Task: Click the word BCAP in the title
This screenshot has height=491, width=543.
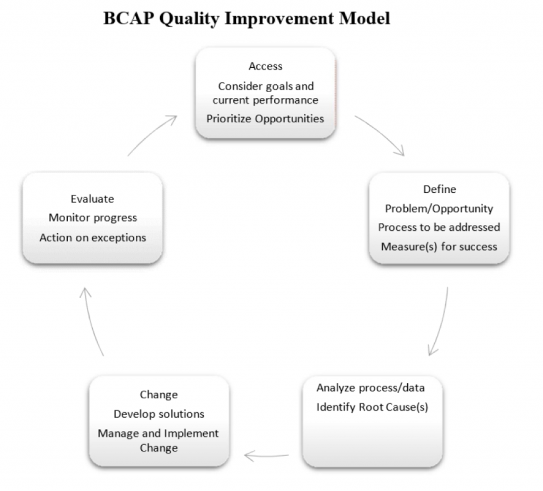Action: pos(128,19)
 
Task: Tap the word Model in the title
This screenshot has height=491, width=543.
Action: pos(365,19)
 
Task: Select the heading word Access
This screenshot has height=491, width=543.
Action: pos(266,66)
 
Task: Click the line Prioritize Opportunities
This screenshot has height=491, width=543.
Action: pos(265,119)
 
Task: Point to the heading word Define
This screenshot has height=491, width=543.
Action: pos(440,189)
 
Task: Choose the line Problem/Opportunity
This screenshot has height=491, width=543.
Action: pos(439,209)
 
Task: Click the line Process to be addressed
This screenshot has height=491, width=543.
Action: pos(439,227)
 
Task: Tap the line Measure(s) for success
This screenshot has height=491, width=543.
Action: pos(439,247)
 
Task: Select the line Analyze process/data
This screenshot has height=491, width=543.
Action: pos(371,388)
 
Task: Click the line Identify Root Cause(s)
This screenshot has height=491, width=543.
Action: pos(372,407)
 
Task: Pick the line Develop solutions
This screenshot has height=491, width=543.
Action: pos(159,414)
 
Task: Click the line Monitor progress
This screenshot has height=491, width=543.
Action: pos(93,218)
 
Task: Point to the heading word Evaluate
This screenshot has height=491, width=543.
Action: pos(92,199)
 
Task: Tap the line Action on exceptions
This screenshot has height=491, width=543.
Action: pos(93,238)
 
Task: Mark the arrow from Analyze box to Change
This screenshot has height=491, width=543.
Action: pos(266,457)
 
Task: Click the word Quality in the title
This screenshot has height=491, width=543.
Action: pos(189,19)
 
